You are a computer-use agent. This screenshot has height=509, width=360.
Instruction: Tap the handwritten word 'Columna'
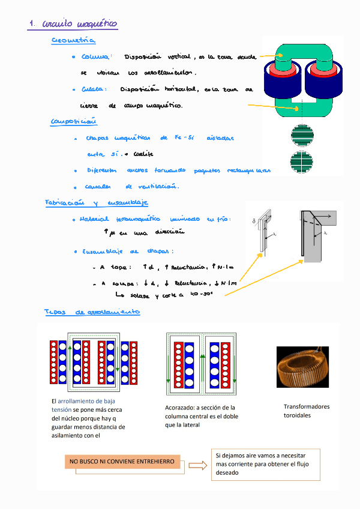pos(95,57)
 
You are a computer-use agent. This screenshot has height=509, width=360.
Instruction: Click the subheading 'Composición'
pos(74,122)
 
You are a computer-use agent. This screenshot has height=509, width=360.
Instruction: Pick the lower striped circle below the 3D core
pos(302,163)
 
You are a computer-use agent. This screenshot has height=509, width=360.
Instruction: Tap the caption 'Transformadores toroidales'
pos(306,411)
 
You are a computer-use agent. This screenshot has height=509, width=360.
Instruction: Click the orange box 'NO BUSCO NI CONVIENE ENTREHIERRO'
pos(122,462)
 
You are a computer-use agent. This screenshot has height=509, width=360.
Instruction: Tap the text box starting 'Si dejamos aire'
pos(265,464)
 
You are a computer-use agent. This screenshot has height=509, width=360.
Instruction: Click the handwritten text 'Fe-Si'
pos(184,138)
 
